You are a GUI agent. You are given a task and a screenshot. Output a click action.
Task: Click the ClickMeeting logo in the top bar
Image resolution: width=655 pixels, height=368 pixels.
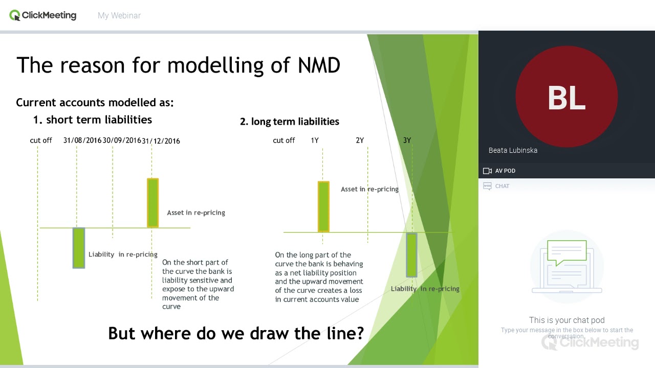coord(43,15)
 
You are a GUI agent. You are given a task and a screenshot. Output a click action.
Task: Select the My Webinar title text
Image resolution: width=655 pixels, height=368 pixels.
coord(119,16)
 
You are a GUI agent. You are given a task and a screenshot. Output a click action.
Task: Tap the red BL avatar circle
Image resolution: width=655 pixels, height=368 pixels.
coord(566,97)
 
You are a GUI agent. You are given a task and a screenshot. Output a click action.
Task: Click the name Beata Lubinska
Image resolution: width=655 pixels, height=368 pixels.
coord(513,150)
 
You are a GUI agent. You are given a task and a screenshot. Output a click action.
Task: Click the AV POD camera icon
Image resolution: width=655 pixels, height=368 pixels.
coord(487,171)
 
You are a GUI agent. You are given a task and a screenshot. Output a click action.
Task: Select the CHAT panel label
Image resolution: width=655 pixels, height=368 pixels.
coord(502,186)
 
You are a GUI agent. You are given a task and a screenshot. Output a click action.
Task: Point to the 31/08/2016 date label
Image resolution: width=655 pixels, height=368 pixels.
coord(82,140)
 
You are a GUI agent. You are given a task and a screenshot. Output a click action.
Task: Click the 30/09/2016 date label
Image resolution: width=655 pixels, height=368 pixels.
coord(122,140)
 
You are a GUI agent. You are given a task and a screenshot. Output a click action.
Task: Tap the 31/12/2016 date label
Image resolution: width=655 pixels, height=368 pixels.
coord(161,141)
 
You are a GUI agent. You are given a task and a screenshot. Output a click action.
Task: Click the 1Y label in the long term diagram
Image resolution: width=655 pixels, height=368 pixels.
coord(315,140)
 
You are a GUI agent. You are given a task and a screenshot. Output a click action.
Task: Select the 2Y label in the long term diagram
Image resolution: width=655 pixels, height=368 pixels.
coord(360,140)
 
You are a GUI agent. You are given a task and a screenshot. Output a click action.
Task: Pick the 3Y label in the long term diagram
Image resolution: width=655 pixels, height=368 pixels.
coord(407,140)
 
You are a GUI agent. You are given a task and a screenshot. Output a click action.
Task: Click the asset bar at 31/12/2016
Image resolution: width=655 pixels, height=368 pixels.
coord(152,202)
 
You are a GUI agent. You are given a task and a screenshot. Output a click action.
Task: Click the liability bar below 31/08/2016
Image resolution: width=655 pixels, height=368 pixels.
coord(78,248)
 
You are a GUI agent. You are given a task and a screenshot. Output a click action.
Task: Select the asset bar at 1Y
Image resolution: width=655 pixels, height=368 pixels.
coord(323,206)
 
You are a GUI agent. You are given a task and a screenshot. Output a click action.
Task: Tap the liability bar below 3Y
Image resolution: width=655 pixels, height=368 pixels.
coord(411,255)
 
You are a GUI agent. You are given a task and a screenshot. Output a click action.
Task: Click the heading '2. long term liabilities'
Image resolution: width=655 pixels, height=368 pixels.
coord(290,122)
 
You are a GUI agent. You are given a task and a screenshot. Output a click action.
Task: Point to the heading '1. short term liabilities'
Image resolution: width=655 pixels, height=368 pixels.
coord(93,120)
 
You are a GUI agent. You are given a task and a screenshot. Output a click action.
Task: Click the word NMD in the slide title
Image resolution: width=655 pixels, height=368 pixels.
coord(319,65)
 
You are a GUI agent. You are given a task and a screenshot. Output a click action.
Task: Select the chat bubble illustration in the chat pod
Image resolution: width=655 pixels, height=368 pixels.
coord(566,253)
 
